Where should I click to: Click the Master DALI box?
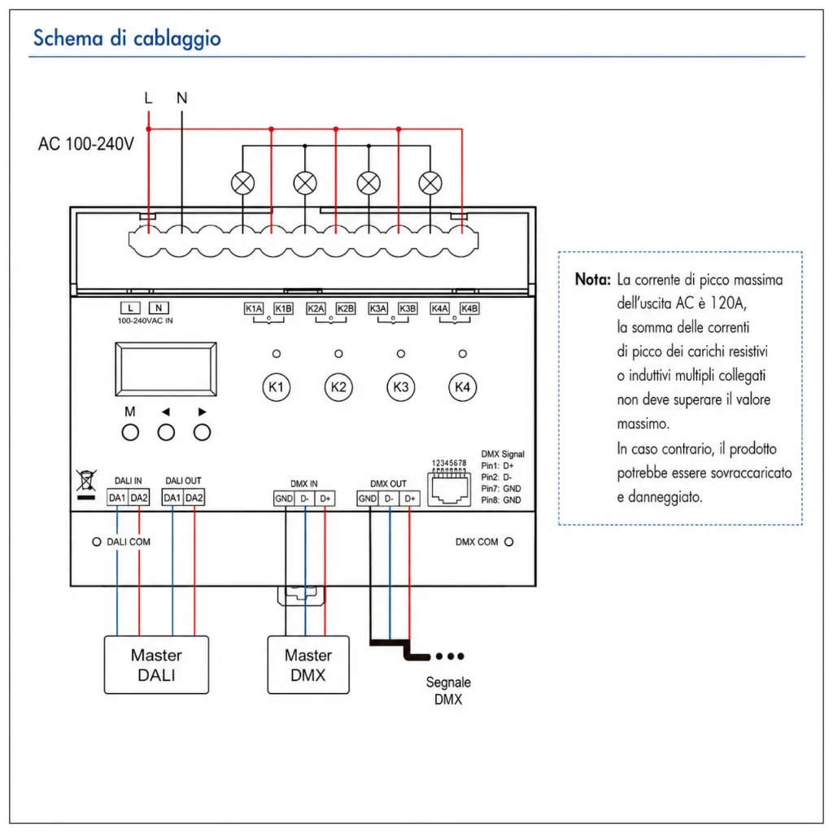[156, 665]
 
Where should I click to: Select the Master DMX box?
[308, 665]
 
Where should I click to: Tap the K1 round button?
[277, 387]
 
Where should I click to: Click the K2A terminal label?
[316, 308]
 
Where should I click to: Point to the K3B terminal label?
[408, 308]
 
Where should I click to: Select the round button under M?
[130, 433]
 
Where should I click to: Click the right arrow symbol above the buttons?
[202, 412]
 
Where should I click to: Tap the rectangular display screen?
[166, 369]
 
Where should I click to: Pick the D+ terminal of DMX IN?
[325, 499]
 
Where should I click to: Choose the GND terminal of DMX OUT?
[367, 499]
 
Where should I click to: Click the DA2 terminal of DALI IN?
[139, 498]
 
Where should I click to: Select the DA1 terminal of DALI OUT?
[172, 498]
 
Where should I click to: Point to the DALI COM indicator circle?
[97, 542]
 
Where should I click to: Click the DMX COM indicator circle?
[509, 542]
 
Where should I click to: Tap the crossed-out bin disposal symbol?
[86, 484]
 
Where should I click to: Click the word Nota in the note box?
[593, 280]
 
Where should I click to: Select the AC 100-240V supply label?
[86, 144]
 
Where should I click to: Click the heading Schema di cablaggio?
[127, 38]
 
